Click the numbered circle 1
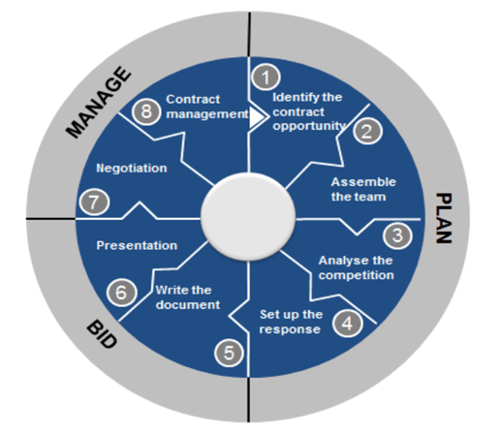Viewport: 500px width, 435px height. point(266,78)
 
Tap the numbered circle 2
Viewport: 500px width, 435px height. point(367,131)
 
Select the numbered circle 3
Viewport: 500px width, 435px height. point(397,235)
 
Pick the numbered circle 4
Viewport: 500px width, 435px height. point(348,323)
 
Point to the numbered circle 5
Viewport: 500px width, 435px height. point(229,353)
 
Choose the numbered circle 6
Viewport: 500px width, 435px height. point(122,293)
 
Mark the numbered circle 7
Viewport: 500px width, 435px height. point(94,202)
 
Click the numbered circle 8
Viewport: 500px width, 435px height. point(146,111)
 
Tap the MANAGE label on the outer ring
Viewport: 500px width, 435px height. point(98,102)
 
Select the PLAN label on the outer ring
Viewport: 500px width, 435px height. point(444,218)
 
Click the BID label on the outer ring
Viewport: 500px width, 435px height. point(102,334)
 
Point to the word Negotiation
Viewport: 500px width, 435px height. point(132,169)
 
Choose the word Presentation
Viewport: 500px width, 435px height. point(137,245)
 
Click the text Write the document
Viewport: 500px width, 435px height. point(188,297)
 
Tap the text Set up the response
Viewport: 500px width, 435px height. point(291,322)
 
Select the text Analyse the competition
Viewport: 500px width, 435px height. point(356,267)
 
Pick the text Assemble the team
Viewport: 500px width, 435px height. point(363,190)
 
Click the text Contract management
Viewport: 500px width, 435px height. point(207,107)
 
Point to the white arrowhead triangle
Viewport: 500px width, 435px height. point(257,117)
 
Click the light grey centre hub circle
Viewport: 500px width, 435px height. point(248,217)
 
